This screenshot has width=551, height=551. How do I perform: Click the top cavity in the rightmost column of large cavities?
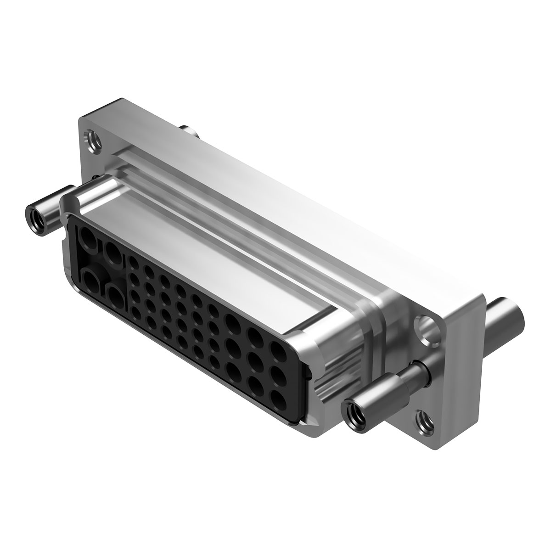[277, 351]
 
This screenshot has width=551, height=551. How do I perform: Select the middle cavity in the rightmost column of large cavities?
[278, 375]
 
